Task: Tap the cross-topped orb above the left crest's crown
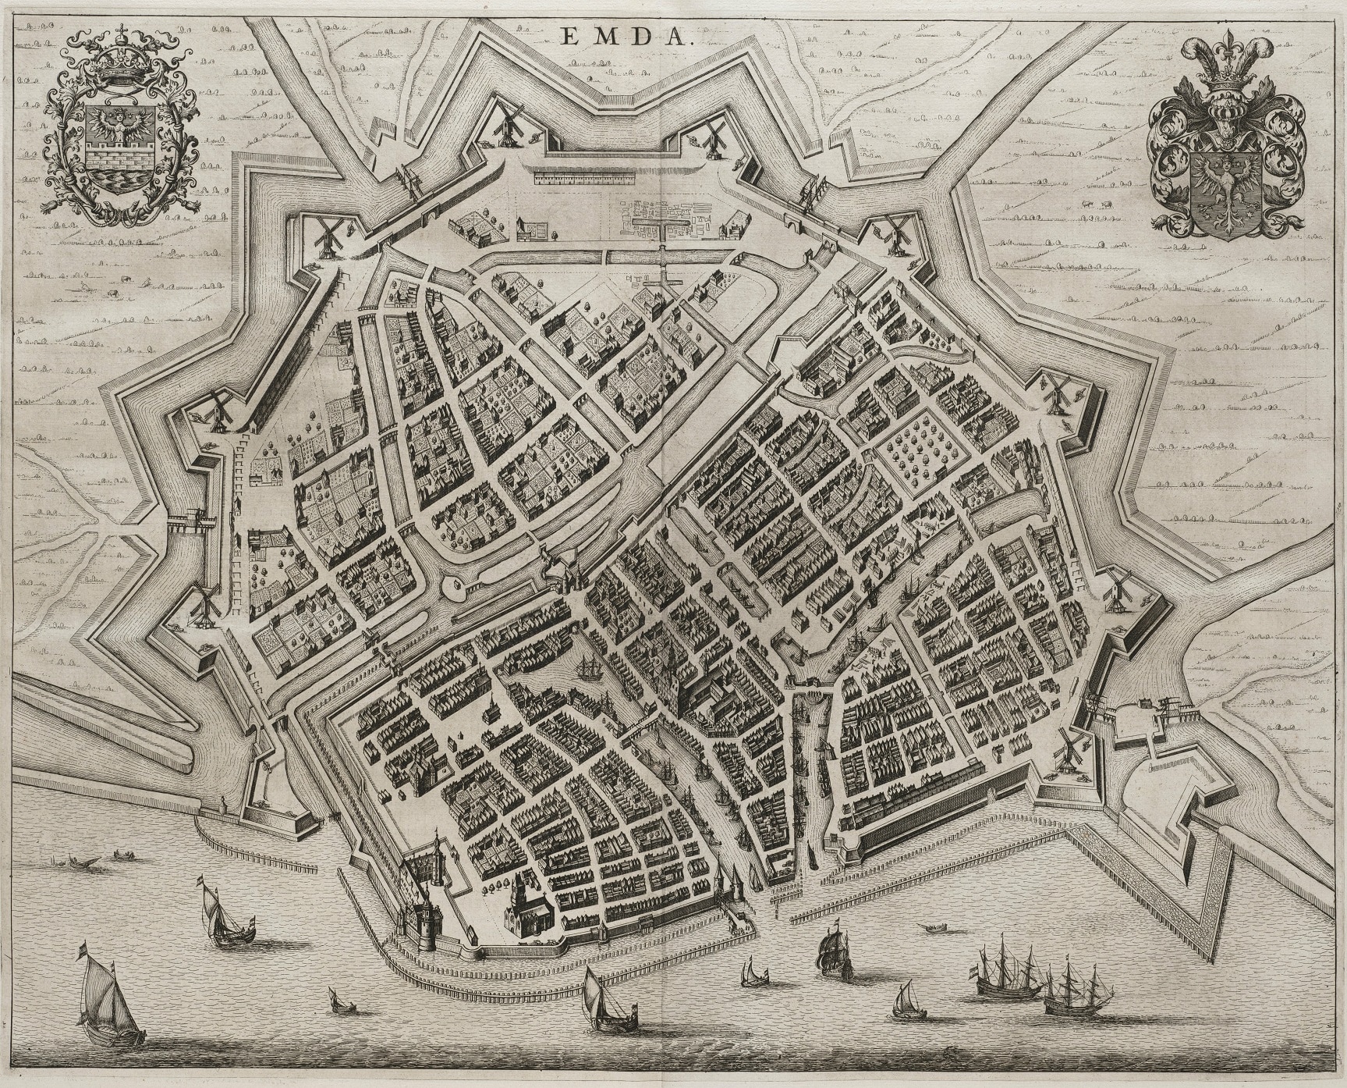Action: point(121,36)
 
